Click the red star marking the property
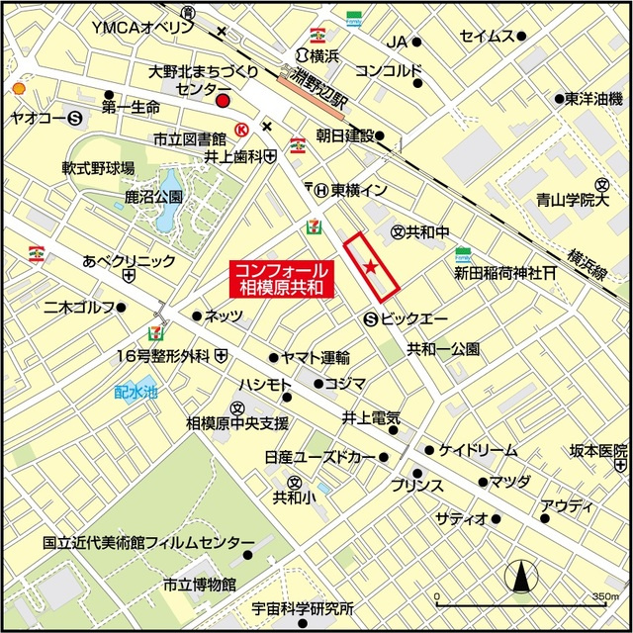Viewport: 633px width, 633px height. click(x=371, y=265)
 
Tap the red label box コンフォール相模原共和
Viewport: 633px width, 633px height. click(x=282, y=279)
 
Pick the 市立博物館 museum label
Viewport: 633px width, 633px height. click(x=200, y=583)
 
